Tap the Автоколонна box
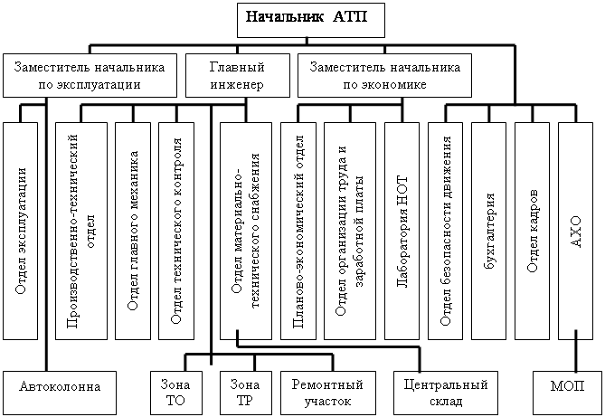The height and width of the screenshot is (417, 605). (60, 387)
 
